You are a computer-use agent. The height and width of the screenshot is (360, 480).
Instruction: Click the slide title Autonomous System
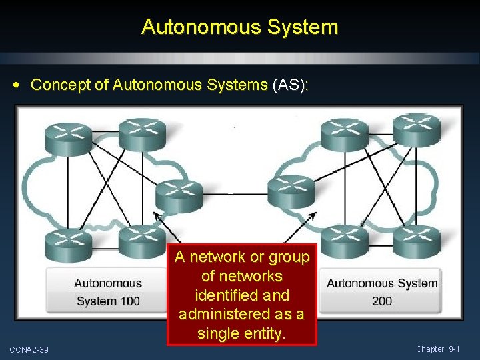tap(240, 27)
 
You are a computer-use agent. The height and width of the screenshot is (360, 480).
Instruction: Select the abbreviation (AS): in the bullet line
tap(289, 85)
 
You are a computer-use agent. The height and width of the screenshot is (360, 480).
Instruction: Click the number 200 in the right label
tap(382, 301)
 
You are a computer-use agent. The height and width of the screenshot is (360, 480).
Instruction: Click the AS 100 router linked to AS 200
tap(179, 193)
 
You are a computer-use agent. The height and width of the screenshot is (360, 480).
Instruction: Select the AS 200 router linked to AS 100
tap(291, 191)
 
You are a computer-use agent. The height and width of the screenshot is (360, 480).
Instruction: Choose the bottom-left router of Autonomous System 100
tap(67, 243)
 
